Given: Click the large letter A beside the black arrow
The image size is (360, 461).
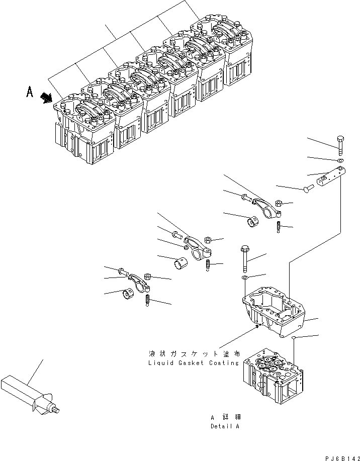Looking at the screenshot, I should click(30, 93).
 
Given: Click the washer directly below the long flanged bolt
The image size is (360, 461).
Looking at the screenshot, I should click(244, 278).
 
